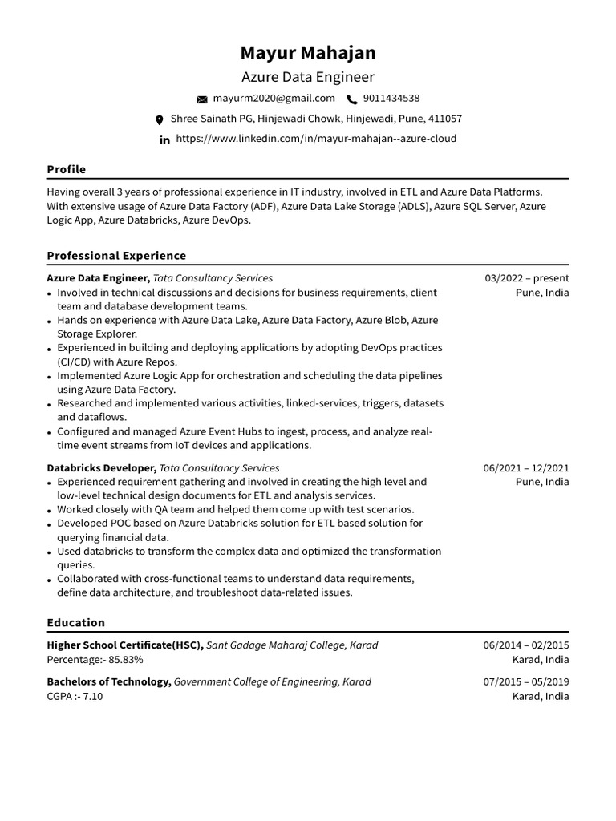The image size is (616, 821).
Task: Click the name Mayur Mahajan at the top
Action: click(308, 53)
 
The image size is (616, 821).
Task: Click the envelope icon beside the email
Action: click(202, 99)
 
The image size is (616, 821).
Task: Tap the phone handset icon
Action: click(351, 99)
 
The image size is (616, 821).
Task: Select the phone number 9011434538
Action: click(391, 99)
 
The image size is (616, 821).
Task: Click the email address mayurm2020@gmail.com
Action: click(274, 99)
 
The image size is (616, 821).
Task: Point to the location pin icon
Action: click(159, 119)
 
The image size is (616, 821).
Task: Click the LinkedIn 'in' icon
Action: click(164, 140)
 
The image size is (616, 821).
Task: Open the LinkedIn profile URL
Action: click(315, 139)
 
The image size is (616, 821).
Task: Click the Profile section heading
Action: click(66, 169)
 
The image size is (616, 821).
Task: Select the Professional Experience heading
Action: click(116, 256)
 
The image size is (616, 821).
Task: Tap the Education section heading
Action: click(75, 622)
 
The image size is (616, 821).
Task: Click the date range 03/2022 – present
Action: click(527, 278)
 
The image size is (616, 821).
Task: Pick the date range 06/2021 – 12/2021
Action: click(526, 468)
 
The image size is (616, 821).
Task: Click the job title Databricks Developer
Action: click(101, 468)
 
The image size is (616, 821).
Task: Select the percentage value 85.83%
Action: click(124, 659)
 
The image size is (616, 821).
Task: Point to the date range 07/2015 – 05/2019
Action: click(526, 682)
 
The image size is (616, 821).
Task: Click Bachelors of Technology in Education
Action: click(108, 682)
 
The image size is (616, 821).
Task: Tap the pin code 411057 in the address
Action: click(445, 119)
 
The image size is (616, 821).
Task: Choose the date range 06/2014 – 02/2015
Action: click(526, 645)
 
